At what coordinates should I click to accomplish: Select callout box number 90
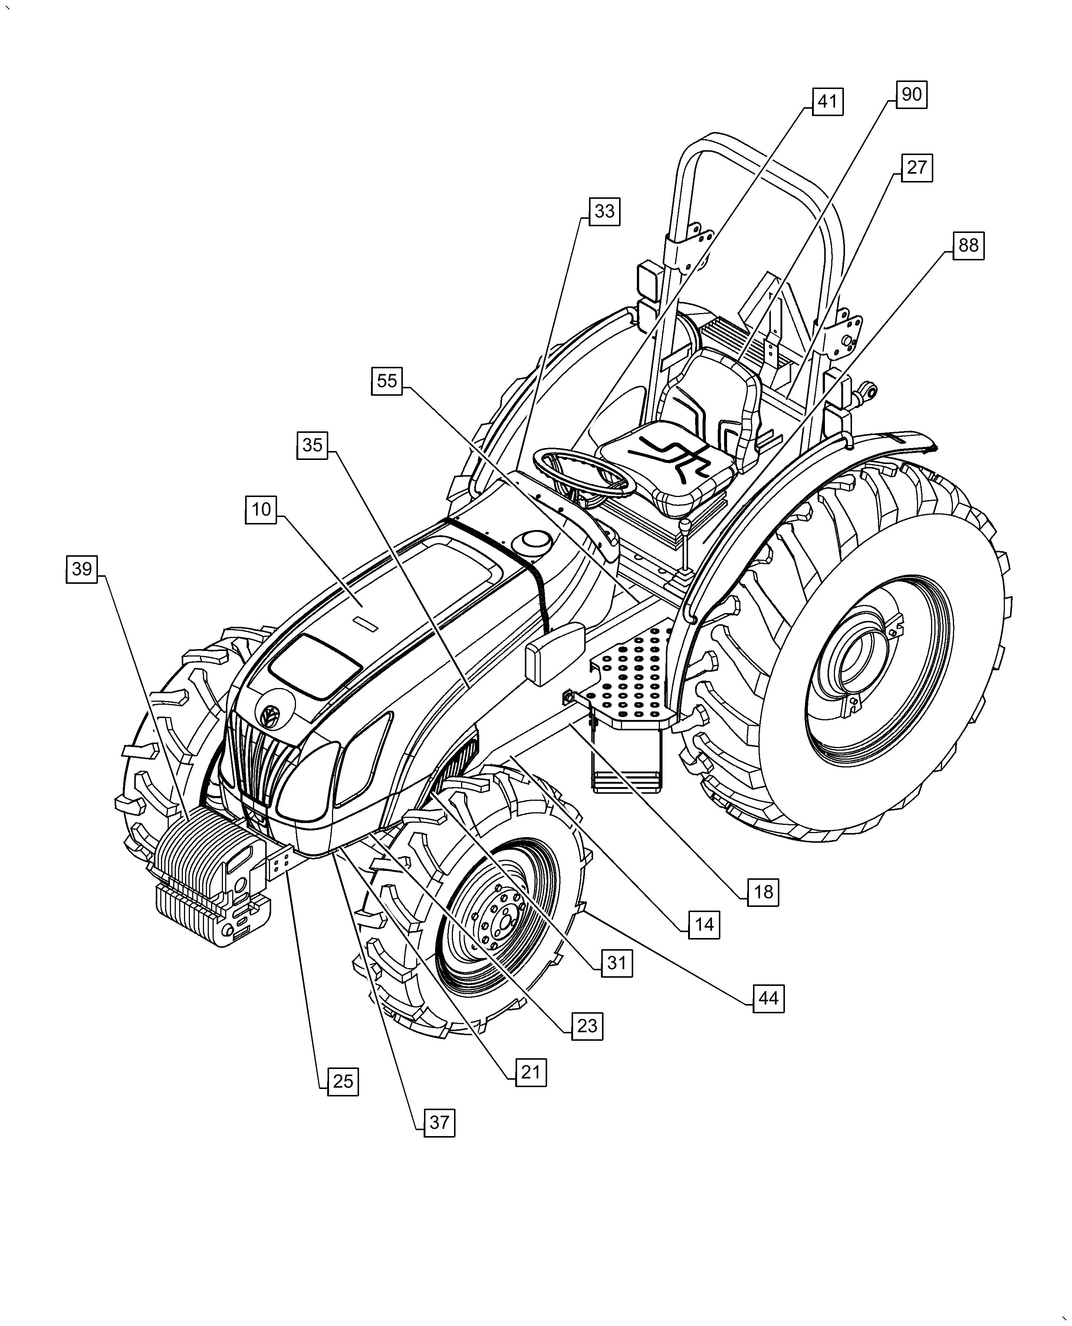pos(911,95)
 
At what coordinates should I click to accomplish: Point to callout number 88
pos(968,246)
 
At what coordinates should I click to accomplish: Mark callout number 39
pos(82,569)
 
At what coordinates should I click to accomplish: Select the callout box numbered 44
pos(768,998)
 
